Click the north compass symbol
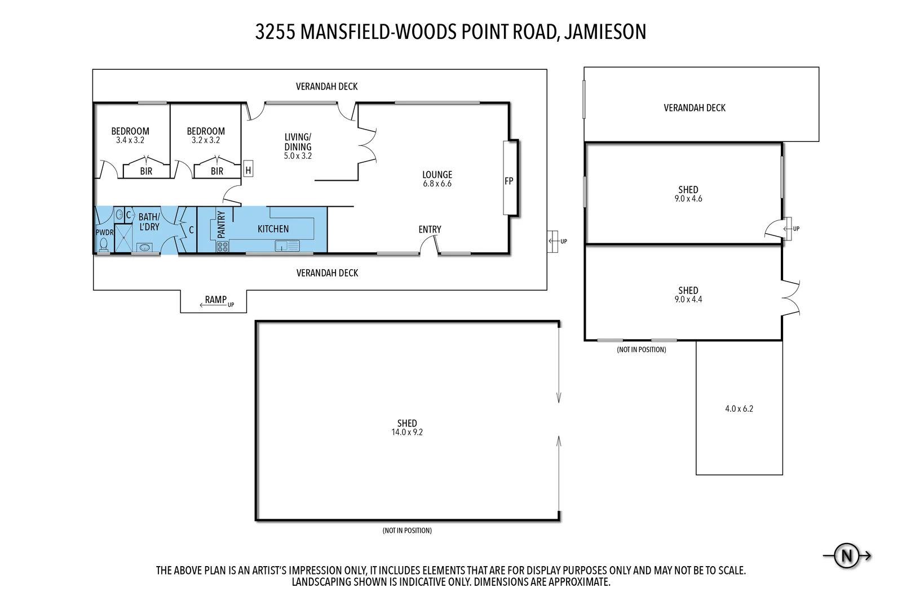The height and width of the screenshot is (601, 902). (x=847, y=556)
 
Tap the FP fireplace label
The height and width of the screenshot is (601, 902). (x=509, y=181)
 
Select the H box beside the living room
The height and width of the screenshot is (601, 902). (x=248, y=170)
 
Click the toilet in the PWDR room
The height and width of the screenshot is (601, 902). (x=104, y=244)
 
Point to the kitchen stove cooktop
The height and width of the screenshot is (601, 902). (x=223, y=246)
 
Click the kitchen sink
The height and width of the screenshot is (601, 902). (x=287, y=246)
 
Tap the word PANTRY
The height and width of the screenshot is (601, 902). (x=221, y=224)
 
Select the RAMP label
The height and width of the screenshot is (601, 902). (x=215, y=300)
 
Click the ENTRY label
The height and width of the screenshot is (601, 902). (x=430, y=229)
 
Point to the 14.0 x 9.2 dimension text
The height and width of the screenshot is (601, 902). (x=407, y=433)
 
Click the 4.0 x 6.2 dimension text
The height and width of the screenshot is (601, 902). (x=739, y=409)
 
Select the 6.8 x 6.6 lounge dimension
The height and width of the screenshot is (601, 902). (x=437, y=184)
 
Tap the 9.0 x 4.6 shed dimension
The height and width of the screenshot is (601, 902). (x=688, y=199)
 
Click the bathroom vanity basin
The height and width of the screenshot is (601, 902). (x=144, y=247)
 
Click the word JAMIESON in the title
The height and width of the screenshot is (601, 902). (x=605, y=32)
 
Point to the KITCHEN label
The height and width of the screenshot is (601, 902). (x=273, y=229)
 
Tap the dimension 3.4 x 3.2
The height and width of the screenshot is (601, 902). (x=130, y=140)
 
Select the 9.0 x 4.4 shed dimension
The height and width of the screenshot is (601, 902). (x=688, y=300)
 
